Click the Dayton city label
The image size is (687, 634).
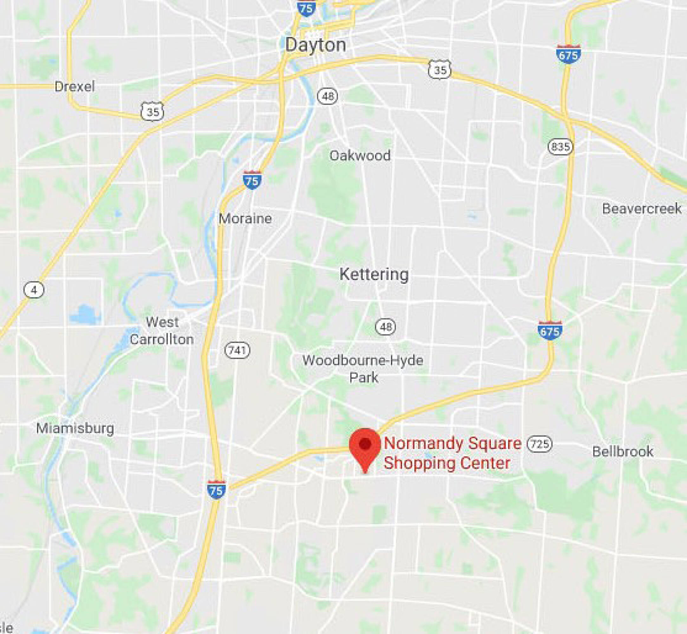tap(315, 45)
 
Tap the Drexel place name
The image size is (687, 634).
tap(75, 87)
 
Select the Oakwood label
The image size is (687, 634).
tap(360, 155)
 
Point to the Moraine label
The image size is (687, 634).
tap(245, 218)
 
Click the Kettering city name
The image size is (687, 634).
tap(374, 274)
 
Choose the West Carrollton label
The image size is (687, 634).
tap(162, 331)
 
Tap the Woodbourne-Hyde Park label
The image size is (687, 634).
tap(363, 369)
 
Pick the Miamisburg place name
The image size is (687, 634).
tap(75, 428)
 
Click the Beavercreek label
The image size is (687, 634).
tap(642, 209)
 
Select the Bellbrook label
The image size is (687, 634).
tap(623, 451)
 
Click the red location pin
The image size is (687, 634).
tap(365, 446)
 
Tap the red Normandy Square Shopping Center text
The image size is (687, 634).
tap(452, 453)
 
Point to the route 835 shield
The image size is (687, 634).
tap(561, 147)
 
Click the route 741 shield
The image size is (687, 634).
tap(237, 350)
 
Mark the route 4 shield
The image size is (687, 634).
tap(34, 290)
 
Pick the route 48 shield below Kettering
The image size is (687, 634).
tap(386, 327)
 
